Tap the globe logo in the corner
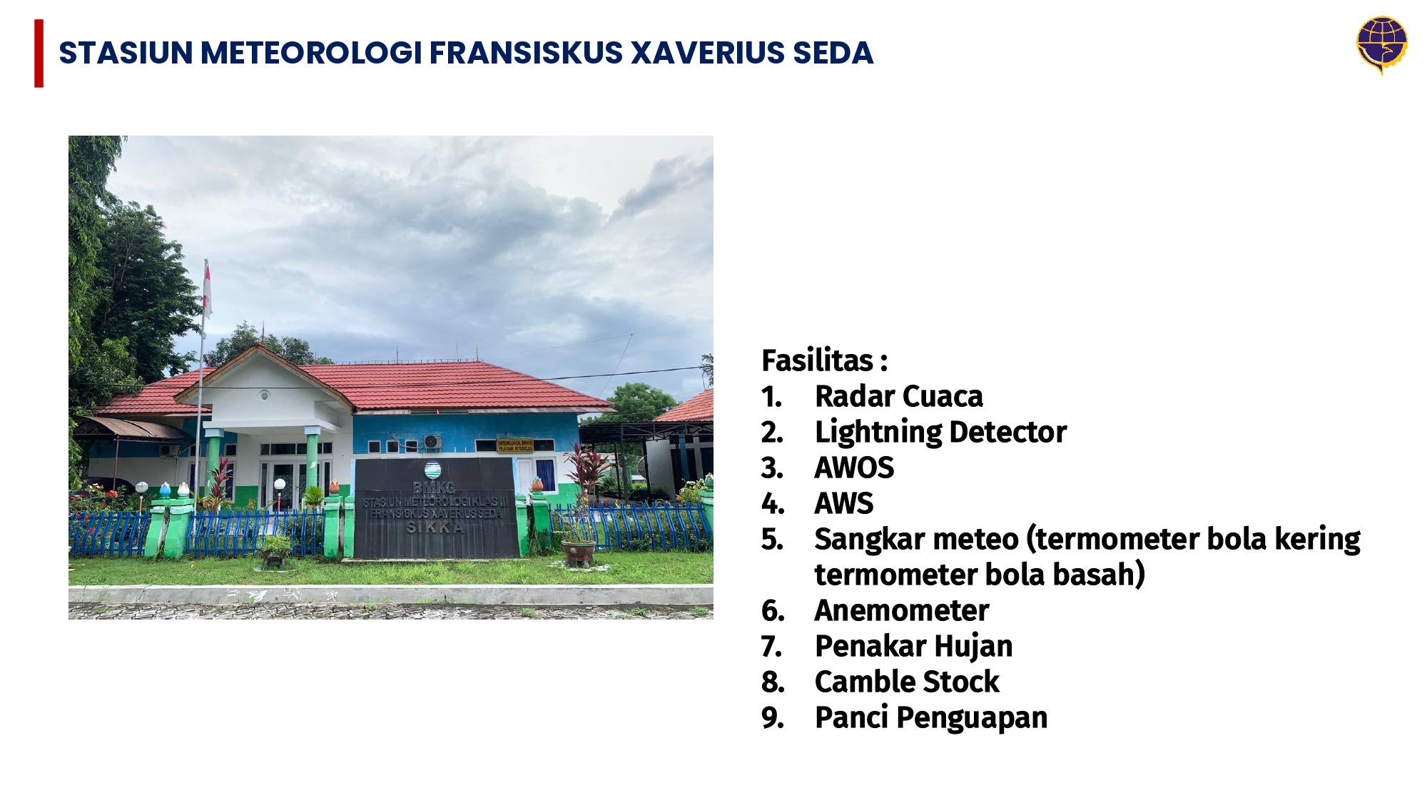coord(1381,44)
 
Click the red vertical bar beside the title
coord(39,54)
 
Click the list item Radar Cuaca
coord(898,396)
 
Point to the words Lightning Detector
coord(940,432)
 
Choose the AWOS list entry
coord(854,468)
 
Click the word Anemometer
coord(902,610)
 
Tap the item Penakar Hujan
coord(913,646)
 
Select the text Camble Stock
coord(907,682)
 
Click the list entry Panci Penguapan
coord(931,717)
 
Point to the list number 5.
coord(771,540)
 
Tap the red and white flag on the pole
coord(207,289)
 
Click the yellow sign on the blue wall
coord(515,445)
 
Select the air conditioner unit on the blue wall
coord(432,442)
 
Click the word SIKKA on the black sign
coord(435,527)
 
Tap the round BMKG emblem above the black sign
coord(432,470)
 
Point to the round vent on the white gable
coord(264,395)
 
